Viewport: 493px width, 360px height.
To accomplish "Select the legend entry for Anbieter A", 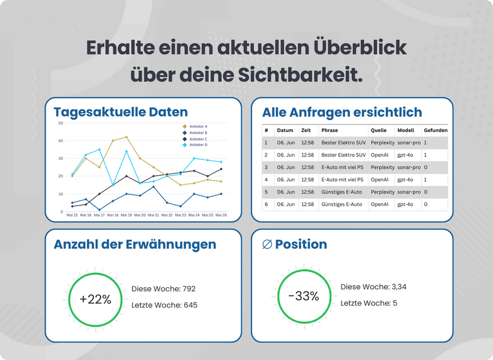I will coord(198,126).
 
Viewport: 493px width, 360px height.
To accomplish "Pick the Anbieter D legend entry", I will coord(198,145).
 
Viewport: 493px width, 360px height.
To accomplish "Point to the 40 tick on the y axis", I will coord(60,141).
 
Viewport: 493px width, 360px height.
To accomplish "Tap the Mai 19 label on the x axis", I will coord(126,215).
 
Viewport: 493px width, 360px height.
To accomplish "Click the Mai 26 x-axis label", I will coord(221,215).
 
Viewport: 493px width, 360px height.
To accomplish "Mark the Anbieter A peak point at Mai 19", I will coord(126,137).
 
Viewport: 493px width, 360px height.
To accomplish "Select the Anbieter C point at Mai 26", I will coord(221,169).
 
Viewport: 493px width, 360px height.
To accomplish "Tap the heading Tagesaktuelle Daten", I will coord(121,112).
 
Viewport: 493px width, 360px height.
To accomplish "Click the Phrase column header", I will coord(330,131).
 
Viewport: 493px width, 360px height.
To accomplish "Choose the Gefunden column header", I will coord(435,131).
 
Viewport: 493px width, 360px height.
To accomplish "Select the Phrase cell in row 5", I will coord(341,192).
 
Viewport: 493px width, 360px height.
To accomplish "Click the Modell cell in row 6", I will coord(405,204).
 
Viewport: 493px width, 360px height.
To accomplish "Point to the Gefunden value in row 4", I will coord(426,179).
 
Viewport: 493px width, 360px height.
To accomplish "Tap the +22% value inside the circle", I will coord(96,300).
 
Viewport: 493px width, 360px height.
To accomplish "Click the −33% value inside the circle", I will coord(304,296).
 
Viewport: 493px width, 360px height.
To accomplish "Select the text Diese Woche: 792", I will coord(164,288).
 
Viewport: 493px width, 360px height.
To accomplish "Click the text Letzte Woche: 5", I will coord(369,303).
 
